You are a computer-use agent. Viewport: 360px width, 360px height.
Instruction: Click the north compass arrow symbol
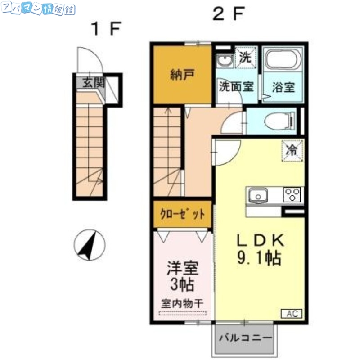tap(89, 245)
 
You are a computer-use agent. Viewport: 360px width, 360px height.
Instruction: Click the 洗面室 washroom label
tap(236, 86)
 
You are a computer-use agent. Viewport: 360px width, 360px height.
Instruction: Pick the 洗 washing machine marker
tap(245, 58)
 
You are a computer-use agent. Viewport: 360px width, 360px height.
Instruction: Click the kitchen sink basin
tap(258, 196)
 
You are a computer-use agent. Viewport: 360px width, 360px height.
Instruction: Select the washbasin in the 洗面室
tap(224, 61)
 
